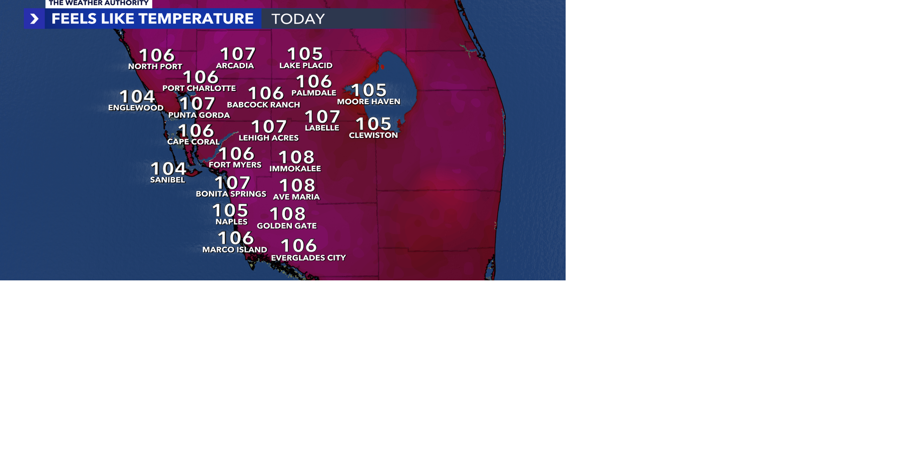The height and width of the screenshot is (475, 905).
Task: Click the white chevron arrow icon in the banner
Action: tap(34, 19)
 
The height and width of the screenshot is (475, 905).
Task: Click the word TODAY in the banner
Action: tap(298, 19)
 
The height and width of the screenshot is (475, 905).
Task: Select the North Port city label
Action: tap(155, 66)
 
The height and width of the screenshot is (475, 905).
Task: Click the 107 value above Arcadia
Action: tap(238, 54)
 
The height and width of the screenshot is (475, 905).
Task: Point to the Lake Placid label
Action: tap(306, 66)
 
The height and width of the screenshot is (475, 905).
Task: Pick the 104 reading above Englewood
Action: tap(137, 96)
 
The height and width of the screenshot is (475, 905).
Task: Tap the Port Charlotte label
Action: tap(199, 88)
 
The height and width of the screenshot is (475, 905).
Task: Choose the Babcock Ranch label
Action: tap(263, 105)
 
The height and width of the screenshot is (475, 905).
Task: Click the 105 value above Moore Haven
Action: tap(369, 90)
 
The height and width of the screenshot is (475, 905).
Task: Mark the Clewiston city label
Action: tap(373, 135)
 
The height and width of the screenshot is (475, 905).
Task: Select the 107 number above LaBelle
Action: tap(322, 116)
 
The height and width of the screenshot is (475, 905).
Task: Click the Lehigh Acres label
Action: tap(269, 138)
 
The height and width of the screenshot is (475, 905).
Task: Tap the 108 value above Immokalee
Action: tap(296, 157)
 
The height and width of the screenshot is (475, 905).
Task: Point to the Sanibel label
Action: tap(167, 180)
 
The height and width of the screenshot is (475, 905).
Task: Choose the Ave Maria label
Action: tap(296, 197)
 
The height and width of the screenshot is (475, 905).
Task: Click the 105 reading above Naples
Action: tap(230, 210)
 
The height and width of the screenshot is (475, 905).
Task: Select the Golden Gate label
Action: tap(287, 226)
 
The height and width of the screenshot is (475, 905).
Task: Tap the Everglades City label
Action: tap(308, 258)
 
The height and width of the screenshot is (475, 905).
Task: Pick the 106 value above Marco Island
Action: tap(236, 238)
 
